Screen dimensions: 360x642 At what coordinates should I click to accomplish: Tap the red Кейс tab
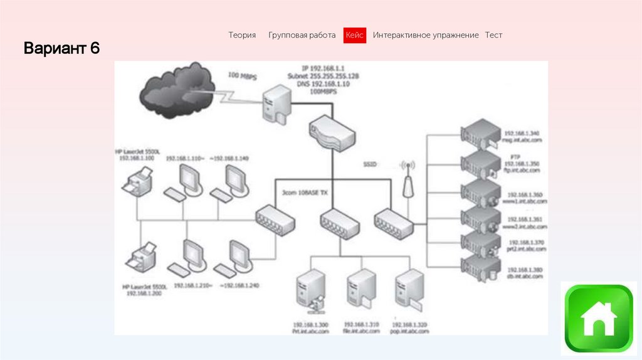coord(354,36)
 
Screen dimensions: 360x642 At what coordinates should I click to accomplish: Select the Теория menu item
coord(242,36)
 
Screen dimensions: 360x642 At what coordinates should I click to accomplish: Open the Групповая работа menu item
coord(302,36)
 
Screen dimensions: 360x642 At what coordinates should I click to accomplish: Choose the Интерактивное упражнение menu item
coord(426,36)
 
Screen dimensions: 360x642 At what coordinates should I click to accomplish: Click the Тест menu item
coord(493,36)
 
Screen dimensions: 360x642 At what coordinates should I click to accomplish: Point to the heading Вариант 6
coord(62,48)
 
